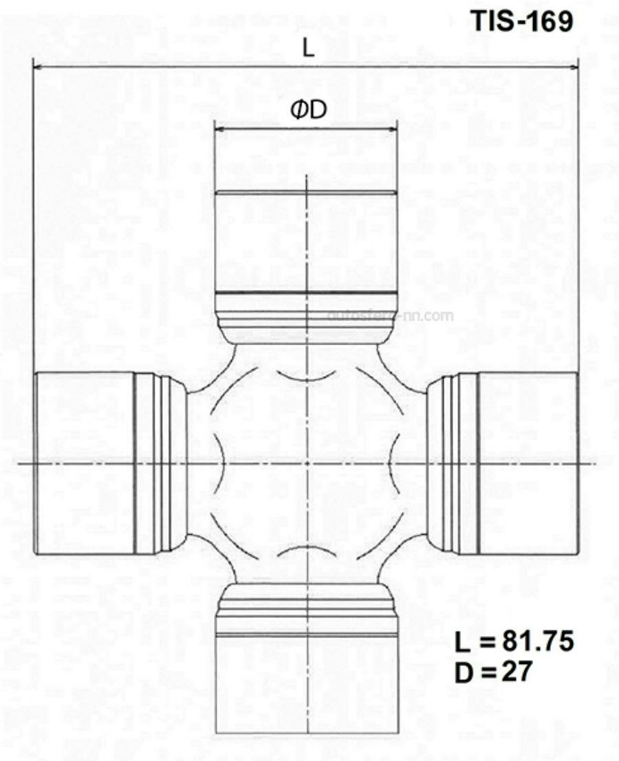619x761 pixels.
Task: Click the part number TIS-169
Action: pyautogui.click(x=521, y=21)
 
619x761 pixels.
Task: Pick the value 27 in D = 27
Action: pyautogui.click(x=515, y=670)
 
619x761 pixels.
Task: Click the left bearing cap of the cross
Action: pyautogui.click(x=84, y=463)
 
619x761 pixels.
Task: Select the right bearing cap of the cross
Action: pyautogui.click(x=528, y=463)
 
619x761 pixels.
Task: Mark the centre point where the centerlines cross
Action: pyautogui.click(x=306, y=463)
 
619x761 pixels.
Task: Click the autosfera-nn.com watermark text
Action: pyautogui.click(x=391, y=316)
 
